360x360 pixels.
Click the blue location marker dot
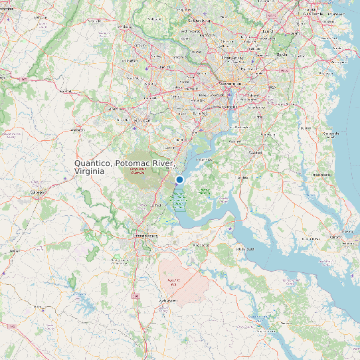(x=179, y=179)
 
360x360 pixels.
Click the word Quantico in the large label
(x=94, y=163)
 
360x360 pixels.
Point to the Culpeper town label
(x=36, y=192)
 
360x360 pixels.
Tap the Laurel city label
(x=268, y=31)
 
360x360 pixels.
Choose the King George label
(x=200, y=245)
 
